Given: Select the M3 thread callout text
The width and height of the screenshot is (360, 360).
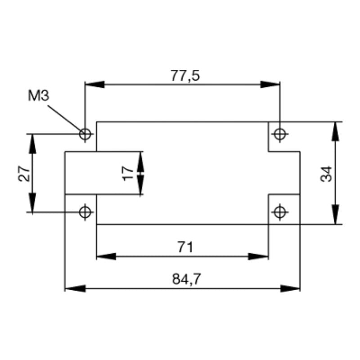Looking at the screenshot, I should pyautogui.click(x=38, y=96).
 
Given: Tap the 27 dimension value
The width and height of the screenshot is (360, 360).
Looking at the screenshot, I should pyautogui.click(x=25, y=173).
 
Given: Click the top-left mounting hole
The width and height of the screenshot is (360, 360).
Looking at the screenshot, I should pyautogui.click(x=85, y=134).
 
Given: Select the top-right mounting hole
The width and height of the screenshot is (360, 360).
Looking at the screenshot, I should pyautogui.click(x=280, y=134).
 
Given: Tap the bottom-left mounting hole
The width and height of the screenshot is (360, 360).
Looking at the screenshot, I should pyautogui.click(x=85, y=211).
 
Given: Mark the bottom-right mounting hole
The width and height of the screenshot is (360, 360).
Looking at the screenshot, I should pyautogui.click(x=280, y=211).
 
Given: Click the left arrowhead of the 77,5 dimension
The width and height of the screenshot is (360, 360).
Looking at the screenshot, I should pyautogui.click(x=94, y=85).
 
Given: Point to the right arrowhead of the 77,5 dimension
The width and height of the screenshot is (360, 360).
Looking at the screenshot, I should pyautogui.click(x=270, y=85).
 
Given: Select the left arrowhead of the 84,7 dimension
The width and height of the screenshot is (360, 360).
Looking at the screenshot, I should pyautogui.click(x=75, y=288).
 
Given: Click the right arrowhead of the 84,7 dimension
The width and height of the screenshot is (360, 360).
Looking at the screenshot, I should pyautogui.click(x=290, y=288).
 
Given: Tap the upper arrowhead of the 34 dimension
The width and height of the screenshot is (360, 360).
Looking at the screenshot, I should pyautogui.click(x=335, y=131).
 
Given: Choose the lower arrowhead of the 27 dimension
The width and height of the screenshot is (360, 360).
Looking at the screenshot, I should pyautogui.click(x=32, y=202).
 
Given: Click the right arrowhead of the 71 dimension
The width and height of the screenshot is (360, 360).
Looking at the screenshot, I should pyautogui.click(x=259, y=256).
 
